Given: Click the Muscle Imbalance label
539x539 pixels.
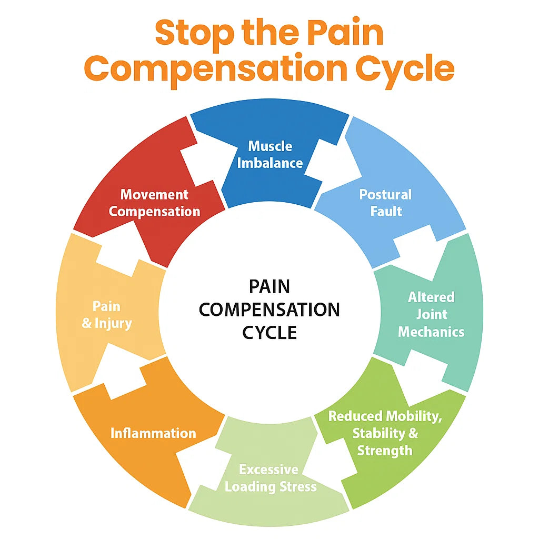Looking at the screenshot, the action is point(270,155).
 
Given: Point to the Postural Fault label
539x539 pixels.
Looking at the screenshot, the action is point(385,203).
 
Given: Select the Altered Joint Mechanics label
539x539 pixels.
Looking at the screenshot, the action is point(431,315).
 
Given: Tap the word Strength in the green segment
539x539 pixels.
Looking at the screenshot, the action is point(385,451).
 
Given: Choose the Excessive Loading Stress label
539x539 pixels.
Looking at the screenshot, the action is point(270,478).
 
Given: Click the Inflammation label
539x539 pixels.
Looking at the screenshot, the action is point(153,433).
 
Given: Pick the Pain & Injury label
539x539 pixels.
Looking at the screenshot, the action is point(106,315).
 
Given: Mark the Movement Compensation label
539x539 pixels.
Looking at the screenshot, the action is point(154,203).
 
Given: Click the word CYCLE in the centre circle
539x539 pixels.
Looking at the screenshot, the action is point(269,333).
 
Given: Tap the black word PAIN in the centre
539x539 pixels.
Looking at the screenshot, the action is point(269,287).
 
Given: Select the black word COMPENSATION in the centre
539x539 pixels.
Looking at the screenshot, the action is point(269,310).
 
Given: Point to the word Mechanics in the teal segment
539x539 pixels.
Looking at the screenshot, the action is point(431,332).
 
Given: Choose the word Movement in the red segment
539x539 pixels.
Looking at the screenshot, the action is point(154,195).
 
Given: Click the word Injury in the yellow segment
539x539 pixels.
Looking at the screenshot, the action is point(113,324).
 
